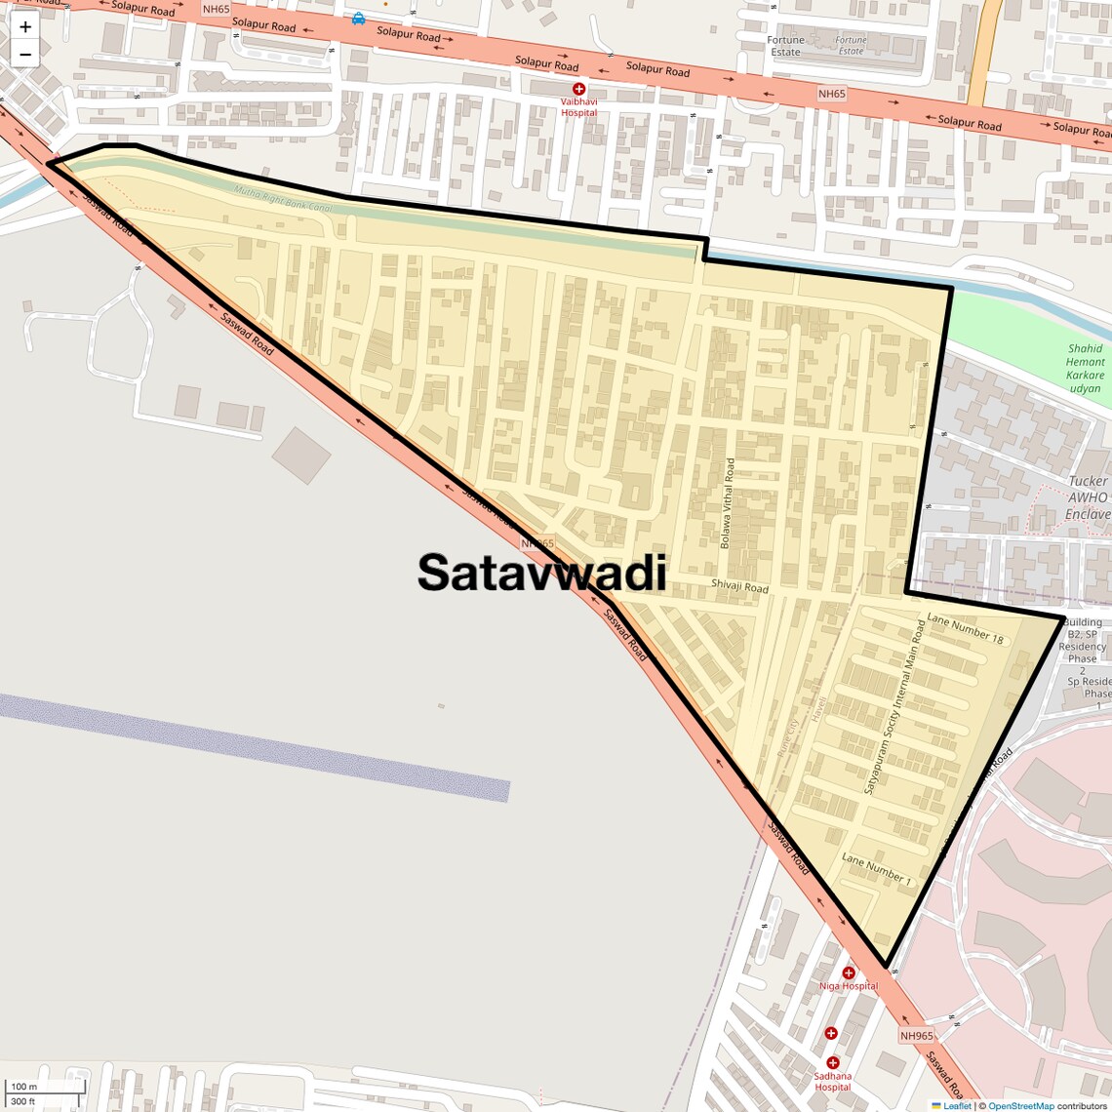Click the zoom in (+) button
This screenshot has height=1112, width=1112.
pyautogui.click(x=25, y=27)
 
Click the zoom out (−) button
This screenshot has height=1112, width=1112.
pyautogui.click(x=25, y=54)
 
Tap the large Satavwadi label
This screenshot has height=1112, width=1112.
pyautogui.click(x=542, y=573)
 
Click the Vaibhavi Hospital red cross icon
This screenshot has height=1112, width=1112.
pyautogui.click(x=578, y=89)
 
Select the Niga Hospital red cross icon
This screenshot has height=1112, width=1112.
pyautogui.click(x=849, y=973)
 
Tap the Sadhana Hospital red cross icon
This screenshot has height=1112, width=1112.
pyautogui.click(x=832, y=1063)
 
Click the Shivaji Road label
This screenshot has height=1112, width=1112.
pyautogui.click(x=739, y=585)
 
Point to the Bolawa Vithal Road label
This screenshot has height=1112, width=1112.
pyautogui.click(x=727, y=504)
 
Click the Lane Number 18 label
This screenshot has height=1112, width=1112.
pyautogui.click(x=965, y=627)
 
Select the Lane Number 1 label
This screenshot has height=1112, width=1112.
pyautogui.click(x=876, y=869)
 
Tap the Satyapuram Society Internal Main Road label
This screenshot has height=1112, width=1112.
pyautogui.click(x=894, y=707)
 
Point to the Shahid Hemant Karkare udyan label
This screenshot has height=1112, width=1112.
pyautogui.click(x=1085, y=368)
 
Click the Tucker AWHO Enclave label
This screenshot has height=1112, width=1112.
pyautogui.click(x=1088, y=497)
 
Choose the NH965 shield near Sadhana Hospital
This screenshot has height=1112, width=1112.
pyautogui.click(x=916, y=1036)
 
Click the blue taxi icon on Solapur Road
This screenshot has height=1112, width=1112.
pyautogui.click(x=359, y=18)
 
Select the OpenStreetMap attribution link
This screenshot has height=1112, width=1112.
pyautogui.click(x=1020, y=1106)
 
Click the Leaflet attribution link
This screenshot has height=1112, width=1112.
pyautogui.click(x=957, y=1106)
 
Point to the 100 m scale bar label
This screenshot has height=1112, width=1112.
pyautogui.click(x=23, y=1087)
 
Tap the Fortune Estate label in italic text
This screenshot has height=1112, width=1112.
pyautogui.click(x=851, y=46)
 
